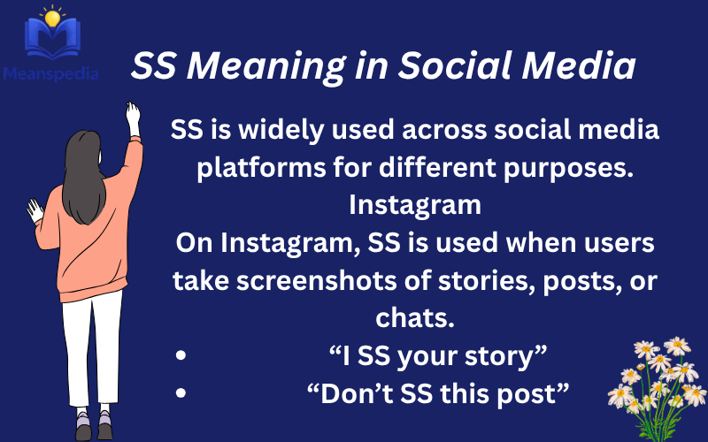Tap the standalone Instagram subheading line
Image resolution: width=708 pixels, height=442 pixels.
415,205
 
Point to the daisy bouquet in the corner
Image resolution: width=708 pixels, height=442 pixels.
659,380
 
